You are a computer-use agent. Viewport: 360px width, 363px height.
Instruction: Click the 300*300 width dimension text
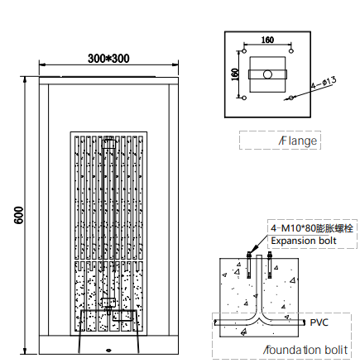pos(108,59)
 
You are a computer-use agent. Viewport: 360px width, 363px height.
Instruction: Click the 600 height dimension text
pos(19,215)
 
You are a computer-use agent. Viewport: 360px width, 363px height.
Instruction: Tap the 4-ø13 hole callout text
pos(324,83)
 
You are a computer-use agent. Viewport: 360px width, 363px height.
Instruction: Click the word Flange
pos(298,141)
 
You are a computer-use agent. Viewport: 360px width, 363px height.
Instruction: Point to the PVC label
pos(319,322)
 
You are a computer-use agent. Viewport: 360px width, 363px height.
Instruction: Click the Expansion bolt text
pos(304,241)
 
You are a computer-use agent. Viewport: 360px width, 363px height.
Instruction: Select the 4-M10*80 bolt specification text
pos(312,228)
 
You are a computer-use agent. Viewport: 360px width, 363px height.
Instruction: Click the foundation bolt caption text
pos(305,350)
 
